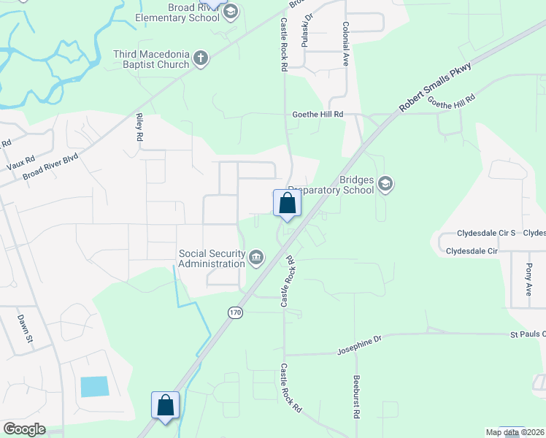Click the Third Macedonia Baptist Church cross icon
tap(201, 58)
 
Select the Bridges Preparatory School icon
tap(386, 185)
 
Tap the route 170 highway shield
tap(234, 312)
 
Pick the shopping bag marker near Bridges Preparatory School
tap(287, 204)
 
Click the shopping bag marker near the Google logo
tap(165, 405)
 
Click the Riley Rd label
tap(138, 126)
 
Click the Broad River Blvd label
tap(50, 166)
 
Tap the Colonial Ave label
tap(345, 45)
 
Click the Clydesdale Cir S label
tap(486, 233)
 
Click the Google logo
tap(24, 429)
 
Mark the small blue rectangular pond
tap(94, 386)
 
